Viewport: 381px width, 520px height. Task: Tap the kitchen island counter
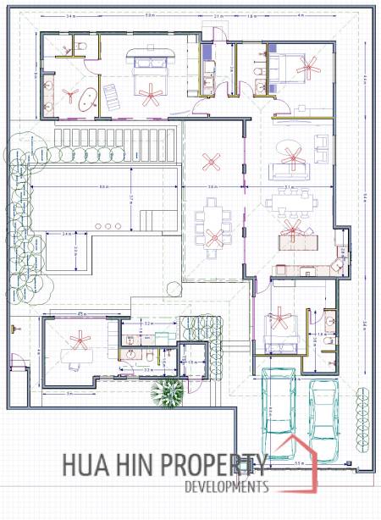(x=296, y=240)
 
